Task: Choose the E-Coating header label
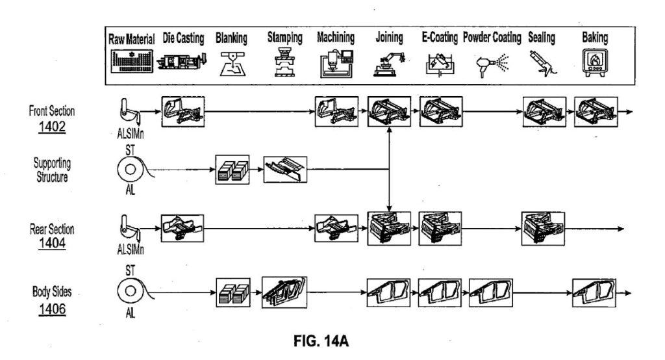coord(436,38)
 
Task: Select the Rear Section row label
coord(52,229)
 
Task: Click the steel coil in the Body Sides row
coord(132,292)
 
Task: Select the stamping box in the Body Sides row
coord(284,291)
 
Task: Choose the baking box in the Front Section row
coord(596,111)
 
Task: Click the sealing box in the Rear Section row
coord(543,229)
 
